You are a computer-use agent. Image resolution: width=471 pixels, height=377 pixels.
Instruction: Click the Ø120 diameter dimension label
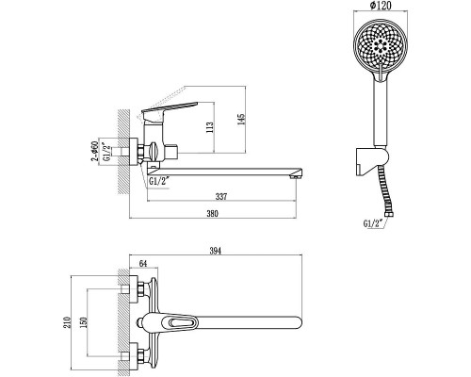click(x=381, y=6)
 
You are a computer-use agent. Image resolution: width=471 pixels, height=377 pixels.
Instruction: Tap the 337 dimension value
click(x=221, y=197)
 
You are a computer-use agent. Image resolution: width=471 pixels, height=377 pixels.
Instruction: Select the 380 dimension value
click(x=212, y=214)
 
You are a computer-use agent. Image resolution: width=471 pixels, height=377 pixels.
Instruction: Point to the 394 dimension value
click(x=216, y=251)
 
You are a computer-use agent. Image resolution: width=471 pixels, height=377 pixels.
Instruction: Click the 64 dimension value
click(x=143, y=263)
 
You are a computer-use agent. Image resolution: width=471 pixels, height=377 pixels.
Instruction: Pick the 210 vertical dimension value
click(x=67, y=322)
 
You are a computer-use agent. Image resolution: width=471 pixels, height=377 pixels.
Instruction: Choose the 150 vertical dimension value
click(x=84, y=322)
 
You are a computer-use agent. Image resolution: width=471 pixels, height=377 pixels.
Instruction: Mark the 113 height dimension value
click(x=210, y=127)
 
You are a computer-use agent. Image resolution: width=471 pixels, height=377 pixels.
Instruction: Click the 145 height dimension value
click(x=240, y=120)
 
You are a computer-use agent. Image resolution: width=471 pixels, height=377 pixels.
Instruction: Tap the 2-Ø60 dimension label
click(x=94, y=152)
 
